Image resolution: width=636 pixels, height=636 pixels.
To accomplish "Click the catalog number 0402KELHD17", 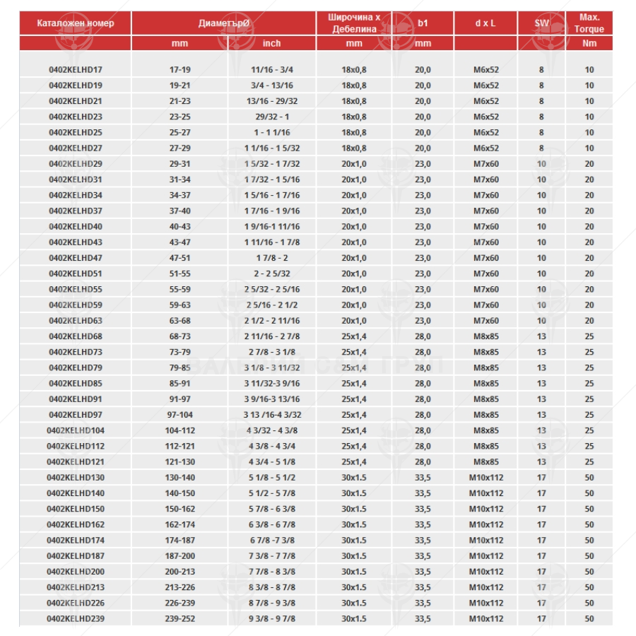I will click(76, 69).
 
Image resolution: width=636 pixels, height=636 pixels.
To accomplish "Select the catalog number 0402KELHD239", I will click(76, 618).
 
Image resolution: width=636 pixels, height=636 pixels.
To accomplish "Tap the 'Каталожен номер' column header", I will click(76, 23).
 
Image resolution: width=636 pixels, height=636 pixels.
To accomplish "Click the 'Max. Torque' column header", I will click(589, 23).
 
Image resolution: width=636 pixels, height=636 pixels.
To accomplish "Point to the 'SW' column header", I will click(541, 23).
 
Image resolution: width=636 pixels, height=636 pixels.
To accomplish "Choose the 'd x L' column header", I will click(485, 23).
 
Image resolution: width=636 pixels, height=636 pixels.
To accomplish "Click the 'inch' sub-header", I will click(271, 44).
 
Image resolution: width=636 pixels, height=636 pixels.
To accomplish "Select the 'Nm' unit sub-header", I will click(589, 44).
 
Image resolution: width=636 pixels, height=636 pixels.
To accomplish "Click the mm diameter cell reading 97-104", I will click(180, 415).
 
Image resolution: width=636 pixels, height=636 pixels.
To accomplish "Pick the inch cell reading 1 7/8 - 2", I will click(271, 258).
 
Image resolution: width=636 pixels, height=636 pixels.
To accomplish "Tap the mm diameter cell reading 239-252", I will click(180, 618).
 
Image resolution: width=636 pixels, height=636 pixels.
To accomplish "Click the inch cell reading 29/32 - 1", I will click(271, 117).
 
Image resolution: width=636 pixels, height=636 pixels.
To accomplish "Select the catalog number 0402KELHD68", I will click(76, 336).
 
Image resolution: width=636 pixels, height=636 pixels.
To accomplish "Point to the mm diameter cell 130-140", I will click(180, 478).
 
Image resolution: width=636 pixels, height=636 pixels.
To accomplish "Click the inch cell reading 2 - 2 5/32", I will click(271, 273).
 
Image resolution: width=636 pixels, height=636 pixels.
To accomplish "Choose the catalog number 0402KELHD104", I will click(76, 430).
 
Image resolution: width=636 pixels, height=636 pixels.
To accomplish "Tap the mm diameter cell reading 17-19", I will click(180, 69).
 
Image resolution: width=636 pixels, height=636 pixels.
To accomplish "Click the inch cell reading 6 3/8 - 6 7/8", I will click(271, 524).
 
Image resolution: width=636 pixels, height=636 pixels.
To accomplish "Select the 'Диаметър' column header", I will click(224, 23).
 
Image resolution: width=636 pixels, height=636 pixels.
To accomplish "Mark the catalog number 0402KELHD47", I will click(76, 258).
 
